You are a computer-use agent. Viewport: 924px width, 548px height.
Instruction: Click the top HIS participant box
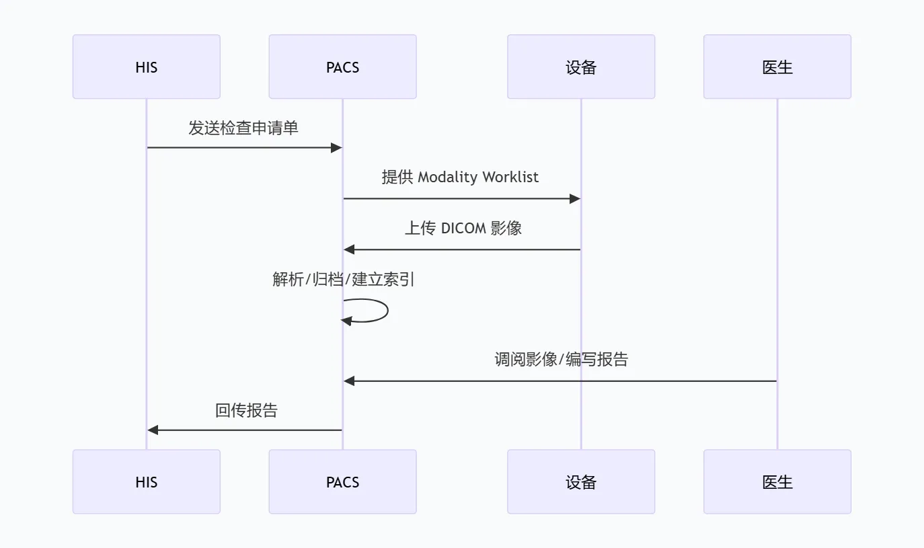[147, 67]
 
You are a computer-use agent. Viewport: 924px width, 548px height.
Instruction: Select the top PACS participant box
[343, 67]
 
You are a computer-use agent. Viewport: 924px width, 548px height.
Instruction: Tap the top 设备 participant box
[581, 67]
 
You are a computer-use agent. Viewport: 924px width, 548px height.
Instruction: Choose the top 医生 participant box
[777, 67]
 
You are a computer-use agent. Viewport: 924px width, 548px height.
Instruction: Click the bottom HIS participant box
[147, 481]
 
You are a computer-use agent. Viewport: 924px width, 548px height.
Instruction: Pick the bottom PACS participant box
[343, 481]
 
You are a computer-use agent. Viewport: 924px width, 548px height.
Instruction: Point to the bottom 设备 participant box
[581, 481]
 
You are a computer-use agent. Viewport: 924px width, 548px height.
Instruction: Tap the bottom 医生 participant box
[777, 481]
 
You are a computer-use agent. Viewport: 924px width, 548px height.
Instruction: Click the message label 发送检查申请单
[243, 128]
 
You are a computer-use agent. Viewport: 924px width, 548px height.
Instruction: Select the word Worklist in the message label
[510, 177]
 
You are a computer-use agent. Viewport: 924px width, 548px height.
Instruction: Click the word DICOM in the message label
[463, 228]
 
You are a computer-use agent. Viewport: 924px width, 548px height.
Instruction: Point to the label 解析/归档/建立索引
[343, 279]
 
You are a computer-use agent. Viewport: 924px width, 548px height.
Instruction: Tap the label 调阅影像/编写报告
[561, 359]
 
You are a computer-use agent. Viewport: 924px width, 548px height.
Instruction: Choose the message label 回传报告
[246, 410]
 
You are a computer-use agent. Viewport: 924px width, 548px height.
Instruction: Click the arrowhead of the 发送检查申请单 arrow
[337, 148]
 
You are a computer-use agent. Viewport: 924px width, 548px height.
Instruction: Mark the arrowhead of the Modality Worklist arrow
[575, 199]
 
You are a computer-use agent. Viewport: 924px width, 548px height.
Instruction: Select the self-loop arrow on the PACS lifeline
[387, 310]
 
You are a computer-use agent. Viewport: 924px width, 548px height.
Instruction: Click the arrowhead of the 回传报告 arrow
[153, 430]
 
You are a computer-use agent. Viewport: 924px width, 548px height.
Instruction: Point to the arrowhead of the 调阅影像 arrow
[350, 381]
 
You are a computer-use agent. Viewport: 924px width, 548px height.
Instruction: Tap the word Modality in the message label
[448, 177]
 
